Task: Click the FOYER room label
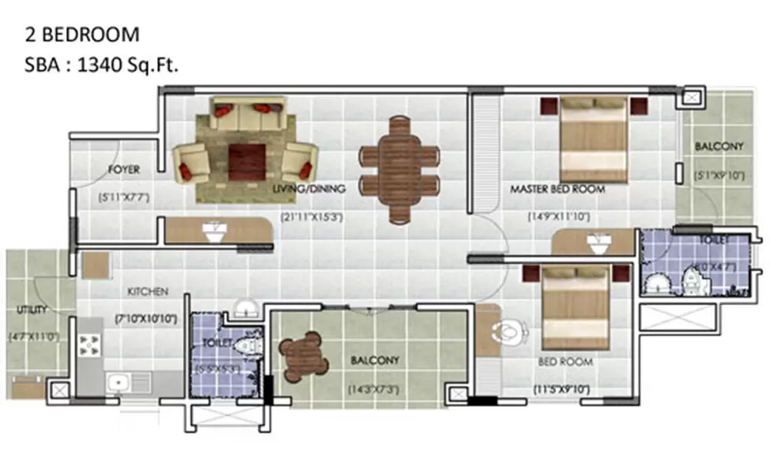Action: pyautogui.click(x=123, y=169)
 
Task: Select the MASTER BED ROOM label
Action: pyautogui.click(x=558, y=189)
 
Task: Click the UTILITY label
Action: pyautogui.click(x=32, y=310)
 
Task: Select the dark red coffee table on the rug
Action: pyautogui.click(x=246, y=160)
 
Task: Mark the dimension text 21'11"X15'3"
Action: pyautogui.click(x=311, y=217)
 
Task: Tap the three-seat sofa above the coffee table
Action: pyautogui.click(x=248, y=114)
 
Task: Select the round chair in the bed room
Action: pyautogui.click(x=509, y=333)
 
